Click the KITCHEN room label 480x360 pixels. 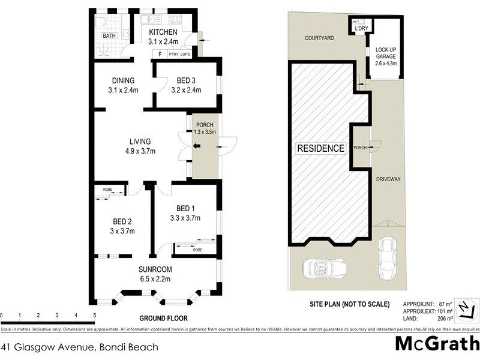(x=163, y=32)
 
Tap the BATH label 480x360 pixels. (x=109, y=36)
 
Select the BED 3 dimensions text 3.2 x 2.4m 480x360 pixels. (x=185, y=91)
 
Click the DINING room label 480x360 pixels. (x=122, y=81)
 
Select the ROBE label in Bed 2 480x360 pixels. (x=108, y=190)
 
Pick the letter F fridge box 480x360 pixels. (x=160, y=55)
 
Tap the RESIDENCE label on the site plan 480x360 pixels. (x=321, y=149)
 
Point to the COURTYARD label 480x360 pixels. (x=319, y=37)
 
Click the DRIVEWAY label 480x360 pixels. (x=388, y=179)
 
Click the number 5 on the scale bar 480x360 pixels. (x=94, y=314)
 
